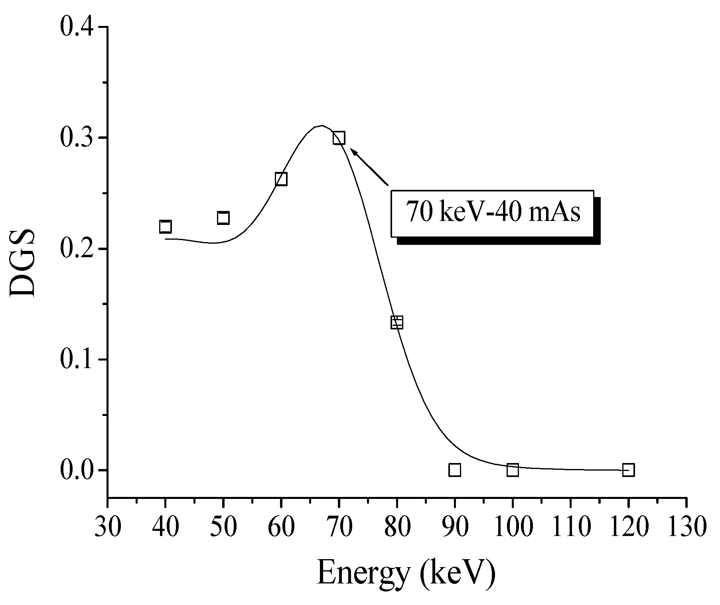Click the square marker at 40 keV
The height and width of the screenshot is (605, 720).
(x=165, y=227)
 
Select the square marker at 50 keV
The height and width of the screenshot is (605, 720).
(x=223, y=218)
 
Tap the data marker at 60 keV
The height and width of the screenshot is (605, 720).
(x=281, y=179)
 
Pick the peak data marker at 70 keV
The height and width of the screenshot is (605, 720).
(x=339, y=138)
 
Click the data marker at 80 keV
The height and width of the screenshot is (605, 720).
(x=397, y=322)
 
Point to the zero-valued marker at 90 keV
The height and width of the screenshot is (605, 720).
(x=455, y=470)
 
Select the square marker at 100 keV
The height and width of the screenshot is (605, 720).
(x=513, y=470)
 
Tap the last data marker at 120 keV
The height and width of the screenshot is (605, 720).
(x=628, y=470)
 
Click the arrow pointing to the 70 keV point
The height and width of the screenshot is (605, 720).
(x=369, y=167)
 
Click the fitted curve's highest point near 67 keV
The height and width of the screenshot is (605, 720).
(x=322, y=126)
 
